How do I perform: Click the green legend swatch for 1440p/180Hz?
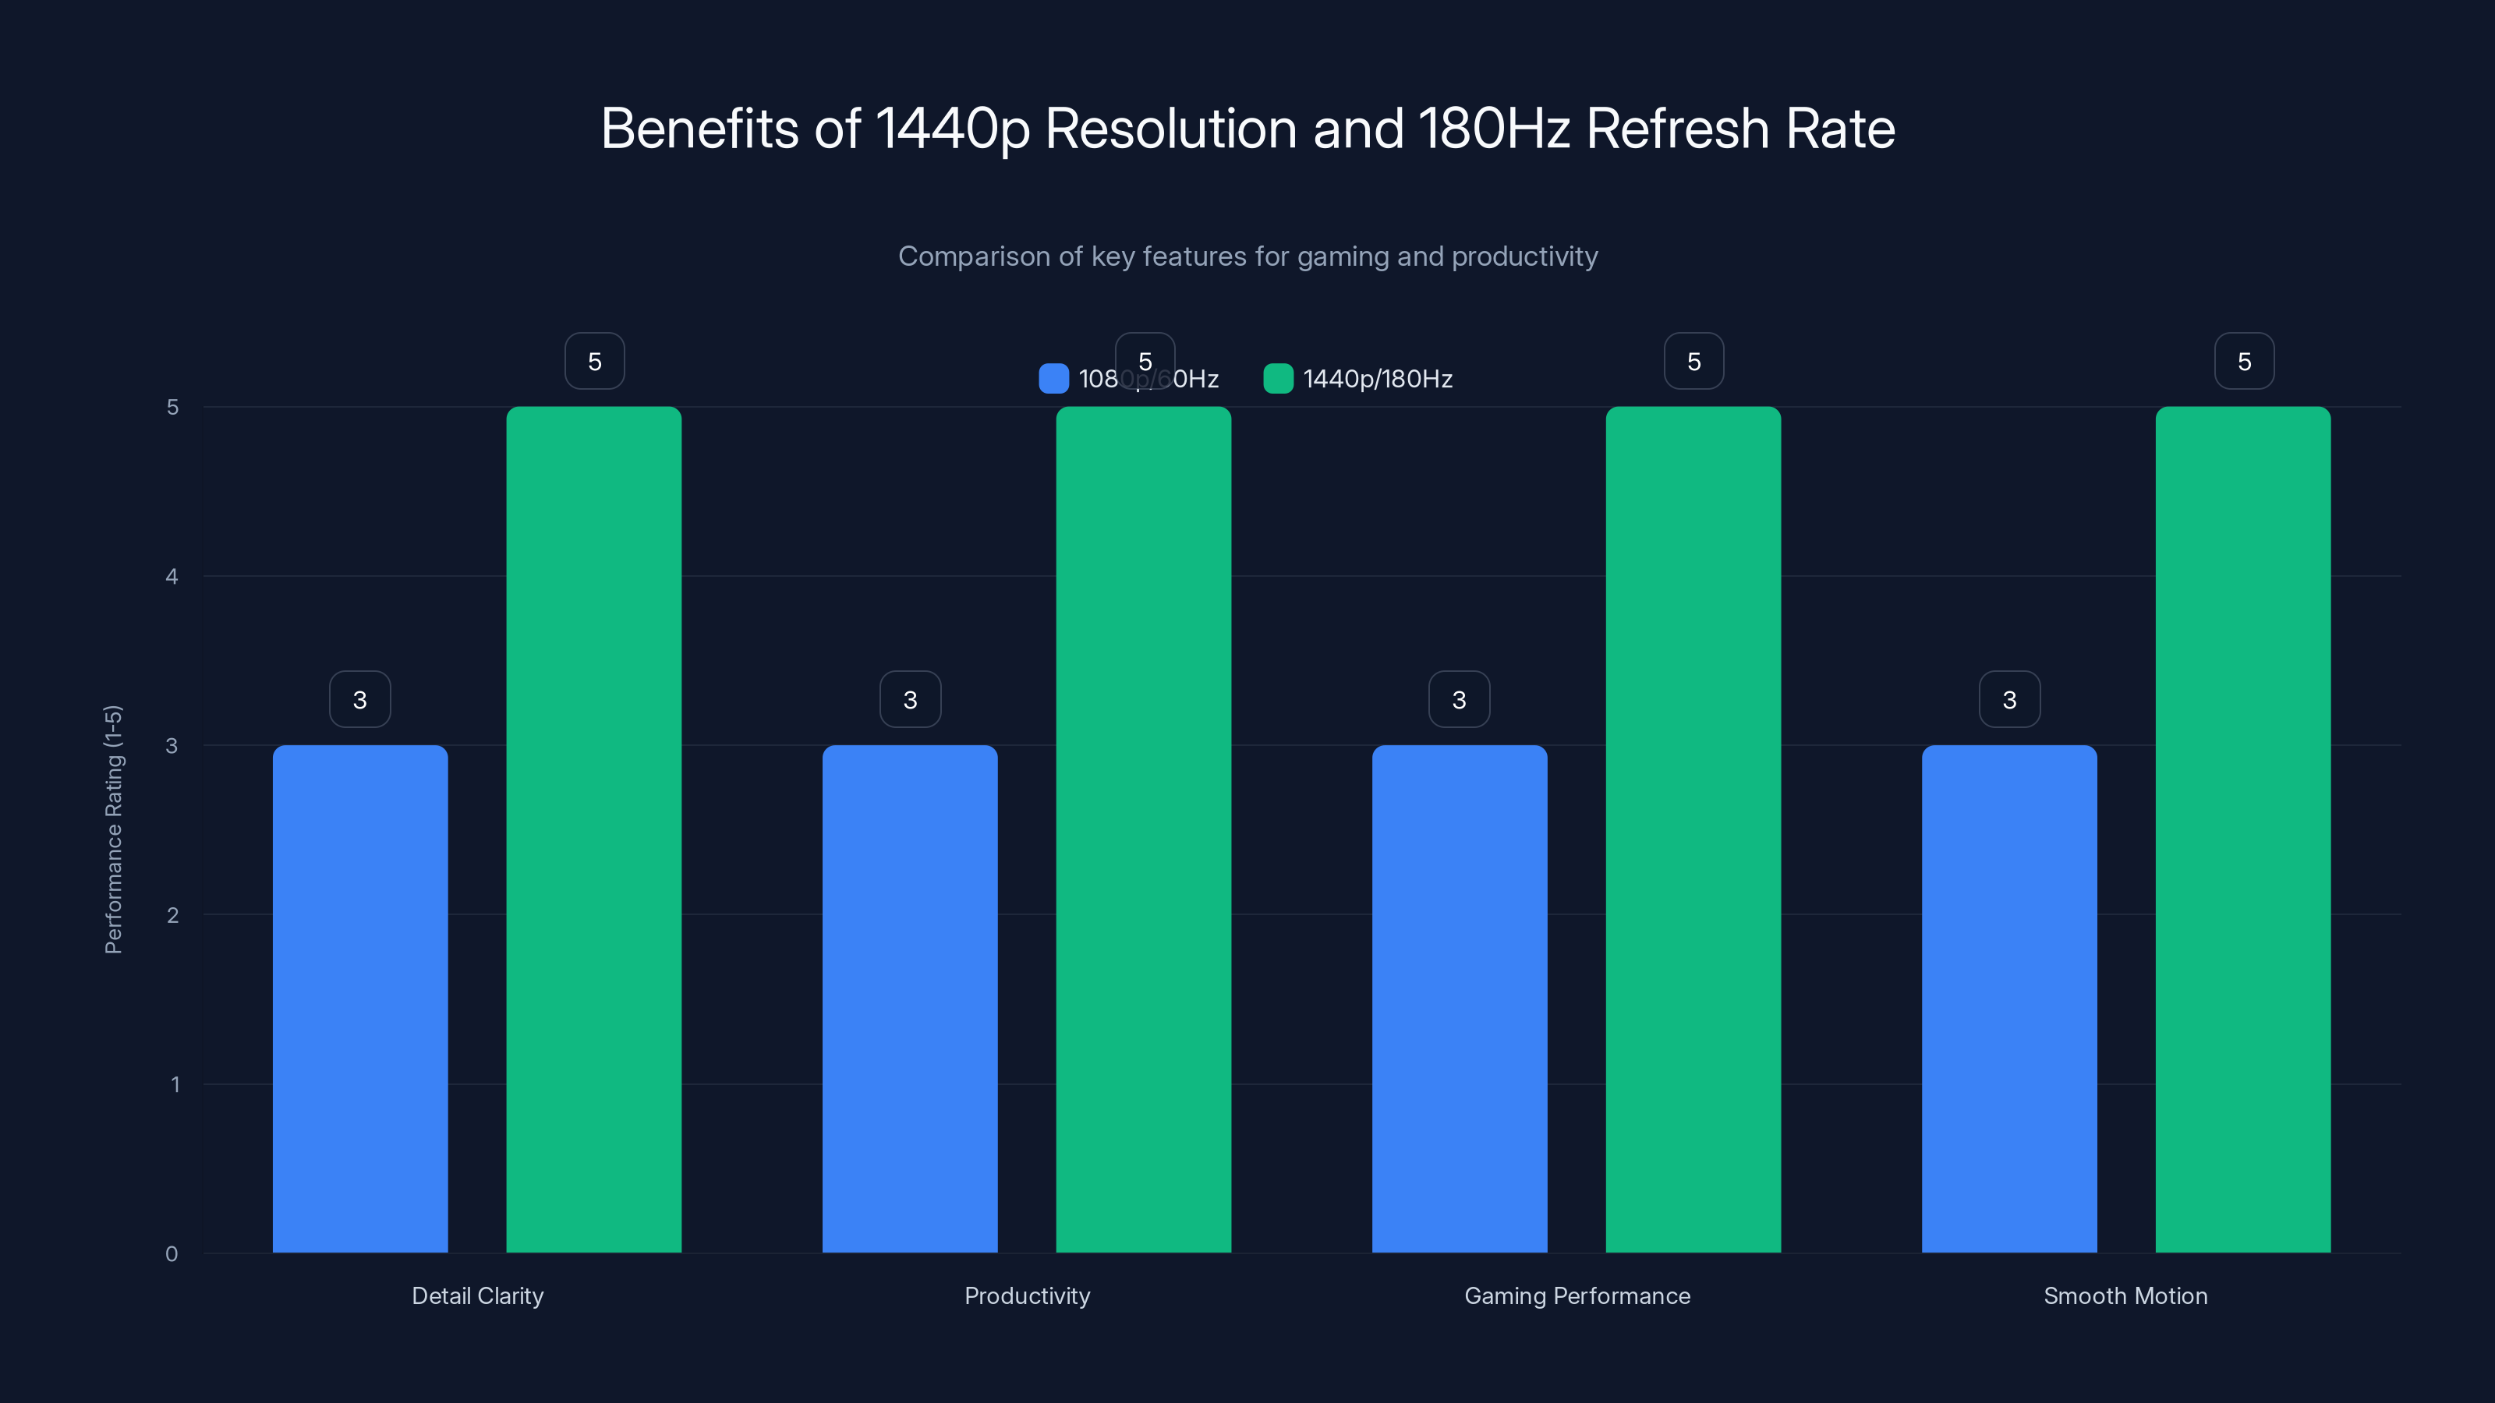pyautogui.click(x=1278, y=379)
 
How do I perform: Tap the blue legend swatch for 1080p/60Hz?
pyautogui.click(x=1053, y=379)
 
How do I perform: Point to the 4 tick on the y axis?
pyautogui.click(x=172, y=577)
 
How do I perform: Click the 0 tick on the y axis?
pyautogui.click(x=172, y=1254)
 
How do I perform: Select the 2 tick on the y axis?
pyautogui.click(x=172, y=915)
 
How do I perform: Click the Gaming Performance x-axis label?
pyautogui.click(x=1577, y=1295)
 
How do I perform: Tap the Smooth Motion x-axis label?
pyautogui.click(x=2125, y=1295)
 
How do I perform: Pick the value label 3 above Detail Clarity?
pyautogui.click(x=359, y=700)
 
